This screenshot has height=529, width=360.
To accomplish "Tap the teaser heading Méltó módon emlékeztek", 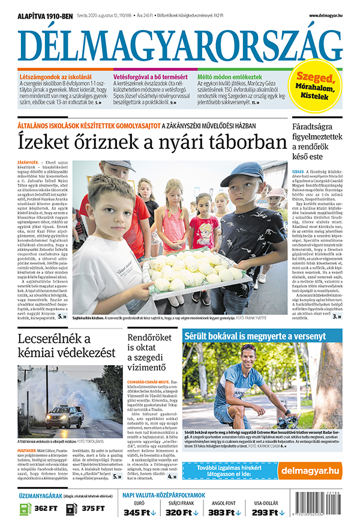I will pos(230,77).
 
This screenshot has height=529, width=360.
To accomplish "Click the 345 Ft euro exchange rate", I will pos(140,512).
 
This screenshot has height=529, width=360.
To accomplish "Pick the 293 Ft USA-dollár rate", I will pos(269,512).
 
